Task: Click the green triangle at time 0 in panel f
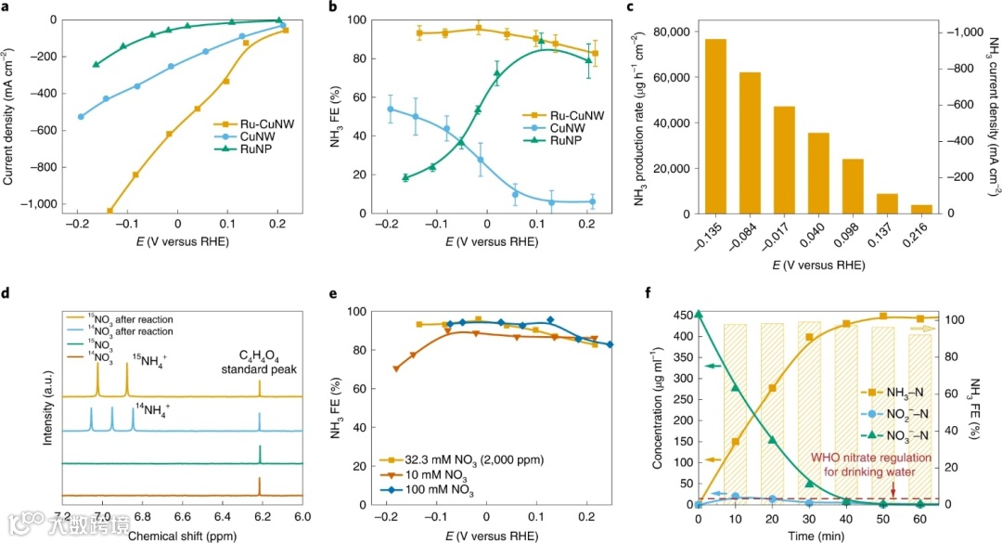click(x=699, y=315)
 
